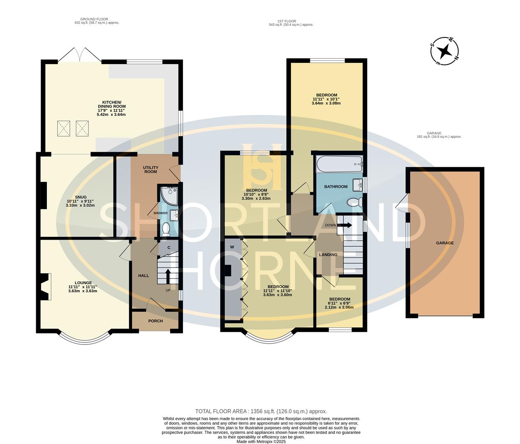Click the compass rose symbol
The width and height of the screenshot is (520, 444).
pyautogui.click(x=444, y=52)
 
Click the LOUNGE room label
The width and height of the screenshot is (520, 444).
pyautogui.click(x=83, y=283)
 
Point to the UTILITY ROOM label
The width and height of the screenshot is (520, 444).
pyautogui.click(x=150, y=169)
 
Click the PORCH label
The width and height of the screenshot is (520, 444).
pyautogui.click(x=155, y=321)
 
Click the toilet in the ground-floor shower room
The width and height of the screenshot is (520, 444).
pyautogui.click(x=166, y=229)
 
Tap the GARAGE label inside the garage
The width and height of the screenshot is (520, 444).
pyautogui.click(x=445, y=243)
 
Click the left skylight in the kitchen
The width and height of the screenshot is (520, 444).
pyautogui.click(x=64, y=128)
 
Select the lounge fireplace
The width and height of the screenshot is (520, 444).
pyautogui.click(x=45, y=287)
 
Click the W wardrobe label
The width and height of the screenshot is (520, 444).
pyautogui.click(x=232, y=247)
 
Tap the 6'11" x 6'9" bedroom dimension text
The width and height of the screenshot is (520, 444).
pyautogui.click(x=339, y=307)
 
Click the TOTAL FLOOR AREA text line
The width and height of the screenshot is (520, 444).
pyautogui.click(x=261, y=411)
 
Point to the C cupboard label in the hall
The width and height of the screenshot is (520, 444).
pyautogui.click(x=169, y=247)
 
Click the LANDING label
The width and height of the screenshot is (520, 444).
pyautogui.click(x=328, y=255)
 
